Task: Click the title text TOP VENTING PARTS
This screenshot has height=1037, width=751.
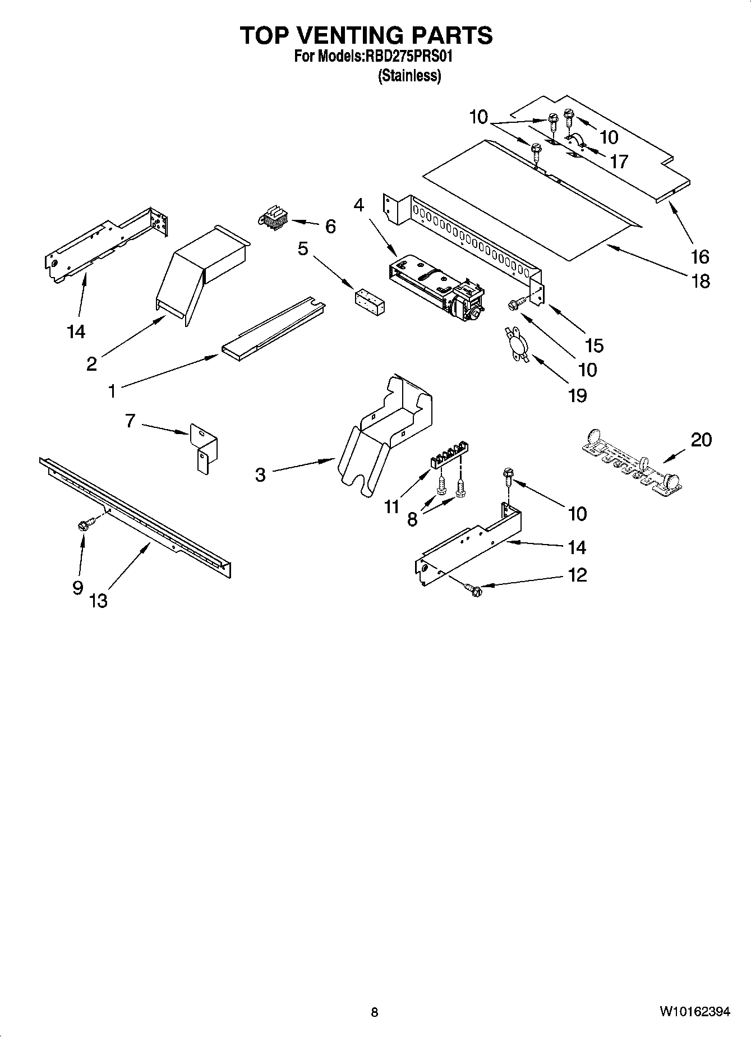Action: pyautogui.click(x=366, y=35)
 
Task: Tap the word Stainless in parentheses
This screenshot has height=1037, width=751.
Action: pyautogui.click(x=409, y=76)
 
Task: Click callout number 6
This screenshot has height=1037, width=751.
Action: pyautogui.click(x=330, y=227)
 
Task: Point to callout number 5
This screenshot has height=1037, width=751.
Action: pyautogui.click(x=303, y=248)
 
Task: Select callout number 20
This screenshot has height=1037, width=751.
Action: pyautogui.click(x=701, y=440)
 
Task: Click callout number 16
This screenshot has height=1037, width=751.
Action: pyautogui.click(x=700, y=257)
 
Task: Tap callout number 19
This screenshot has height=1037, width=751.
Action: pyautogui.click(x=577, y=395)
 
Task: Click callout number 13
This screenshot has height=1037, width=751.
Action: pyautogui.click(x=98, y=601)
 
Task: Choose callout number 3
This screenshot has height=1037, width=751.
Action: pyautogui.click(x=260, y=475)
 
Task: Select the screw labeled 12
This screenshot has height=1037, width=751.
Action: pyautogui.click(x=473, y=590)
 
